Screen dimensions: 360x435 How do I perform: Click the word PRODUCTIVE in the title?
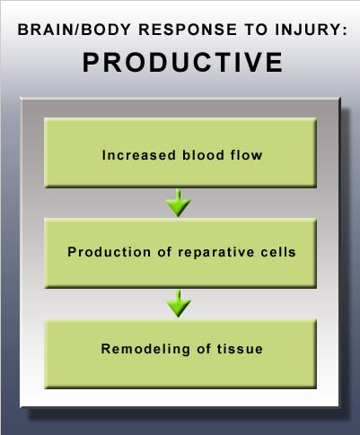(182, 62)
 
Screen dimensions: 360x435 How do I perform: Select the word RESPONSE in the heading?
(188, 30)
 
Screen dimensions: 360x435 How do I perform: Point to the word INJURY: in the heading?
(311, 30)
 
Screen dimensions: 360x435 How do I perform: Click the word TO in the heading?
(256, 30)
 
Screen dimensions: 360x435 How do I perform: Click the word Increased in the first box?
(139, 155)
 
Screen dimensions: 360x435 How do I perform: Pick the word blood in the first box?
(203, 155)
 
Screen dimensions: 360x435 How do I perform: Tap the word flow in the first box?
(247, 155)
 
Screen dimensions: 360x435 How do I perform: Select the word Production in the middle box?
(110, 252)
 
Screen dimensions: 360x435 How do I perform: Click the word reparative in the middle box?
(216, 253)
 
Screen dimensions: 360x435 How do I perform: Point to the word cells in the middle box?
(278, 252)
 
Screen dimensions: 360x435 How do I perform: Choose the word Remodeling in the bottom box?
(145, 349)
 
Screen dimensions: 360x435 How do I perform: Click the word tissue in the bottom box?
(240, 349)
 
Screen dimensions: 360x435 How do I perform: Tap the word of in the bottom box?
(204, 349)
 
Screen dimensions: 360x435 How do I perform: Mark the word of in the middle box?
(164, 252)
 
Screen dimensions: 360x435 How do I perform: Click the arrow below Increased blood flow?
(179, 203)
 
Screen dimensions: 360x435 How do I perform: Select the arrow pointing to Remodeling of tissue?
(179, 303)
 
